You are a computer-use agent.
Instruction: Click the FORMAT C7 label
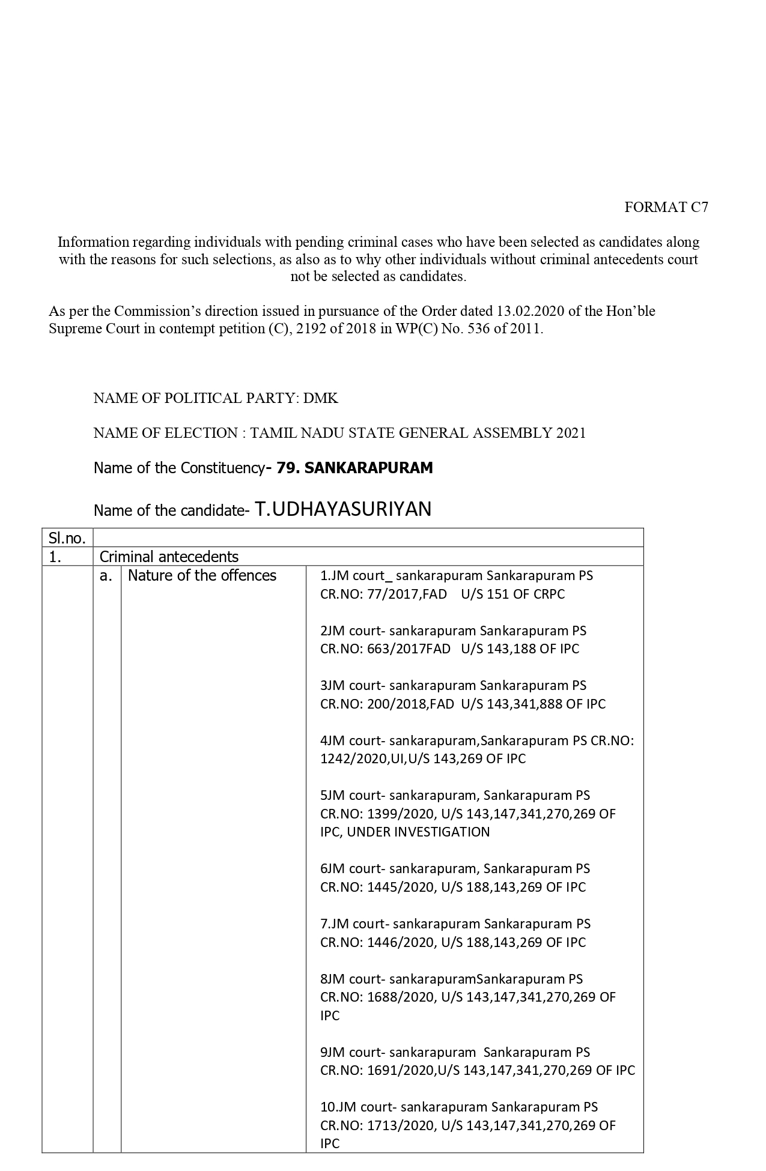(666, 207)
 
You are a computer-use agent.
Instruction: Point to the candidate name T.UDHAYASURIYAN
(343, 509)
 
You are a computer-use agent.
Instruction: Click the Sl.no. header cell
(67, 538)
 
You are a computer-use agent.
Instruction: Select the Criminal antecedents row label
(169, 557)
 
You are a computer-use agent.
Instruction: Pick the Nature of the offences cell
(202, 575)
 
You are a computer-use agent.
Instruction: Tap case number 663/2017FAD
(409, 649)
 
